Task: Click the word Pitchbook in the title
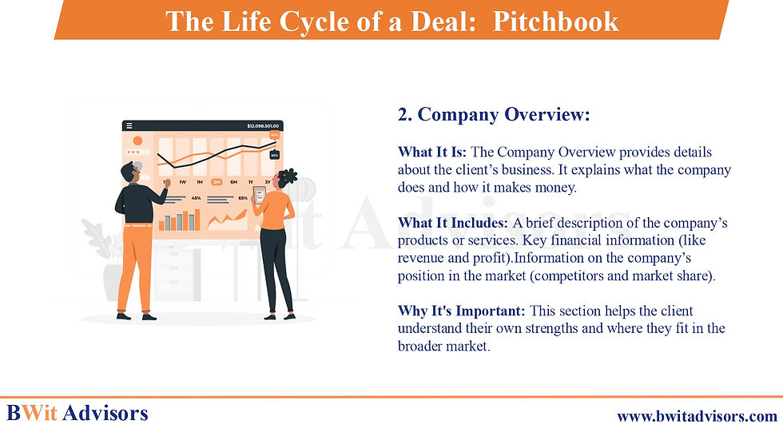pos(556,22)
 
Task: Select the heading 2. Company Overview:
pos(494,114)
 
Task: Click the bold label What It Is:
pos(432,152)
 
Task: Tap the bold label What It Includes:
pos(453,223)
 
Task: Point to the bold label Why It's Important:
pos(462,311)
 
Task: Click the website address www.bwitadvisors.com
pos(697,416)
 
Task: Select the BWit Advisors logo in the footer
pos(78,413)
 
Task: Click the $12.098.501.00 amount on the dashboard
pos(263,125)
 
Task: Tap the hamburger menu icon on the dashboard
pos(129,125)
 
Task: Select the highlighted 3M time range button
pos(217,182)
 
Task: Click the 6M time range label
pos(233,182)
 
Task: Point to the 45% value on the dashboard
pos(197,198)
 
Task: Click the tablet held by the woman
pos(260,195)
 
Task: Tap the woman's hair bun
pos(289,176)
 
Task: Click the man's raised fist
pos(168,183)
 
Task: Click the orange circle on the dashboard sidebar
pos(137,141)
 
